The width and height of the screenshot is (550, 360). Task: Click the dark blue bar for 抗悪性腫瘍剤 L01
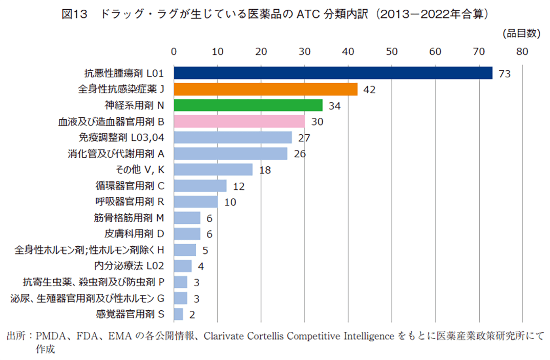click(333, 73)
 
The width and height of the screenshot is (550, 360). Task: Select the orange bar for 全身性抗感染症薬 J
click(265, 89)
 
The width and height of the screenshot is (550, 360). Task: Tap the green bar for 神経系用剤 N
click(248, 105)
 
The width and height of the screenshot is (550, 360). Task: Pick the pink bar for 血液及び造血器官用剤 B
click(239, 121)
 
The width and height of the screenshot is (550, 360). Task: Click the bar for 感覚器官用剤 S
click(178, 314)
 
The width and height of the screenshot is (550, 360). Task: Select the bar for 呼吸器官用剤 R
click(196, 202)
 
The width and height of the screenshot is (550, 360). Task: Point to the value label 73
click(504, 74)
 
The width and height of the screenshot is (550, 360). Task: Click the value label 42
click(369, 90)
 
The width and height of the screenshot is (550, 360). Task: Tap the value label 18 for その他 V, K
click(265, 170)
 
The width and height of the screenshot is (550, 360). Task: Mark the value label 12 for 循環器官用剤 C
click(239, 186)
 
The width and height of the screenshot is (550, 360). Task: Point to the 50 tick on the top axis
click(392, 51)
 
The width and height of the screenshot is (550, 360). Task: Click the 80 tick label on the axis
click(522, 51)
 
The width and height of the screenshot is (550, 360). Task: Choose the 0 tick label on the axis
click(174, 51)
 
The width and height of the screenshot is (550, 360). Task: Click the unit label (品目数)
click(521, 33)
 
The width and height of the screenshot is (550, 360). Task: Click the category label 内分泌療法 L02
click(129, 266)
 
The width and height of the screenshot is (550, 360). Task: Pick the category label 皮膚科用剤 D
click(134, 234)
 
